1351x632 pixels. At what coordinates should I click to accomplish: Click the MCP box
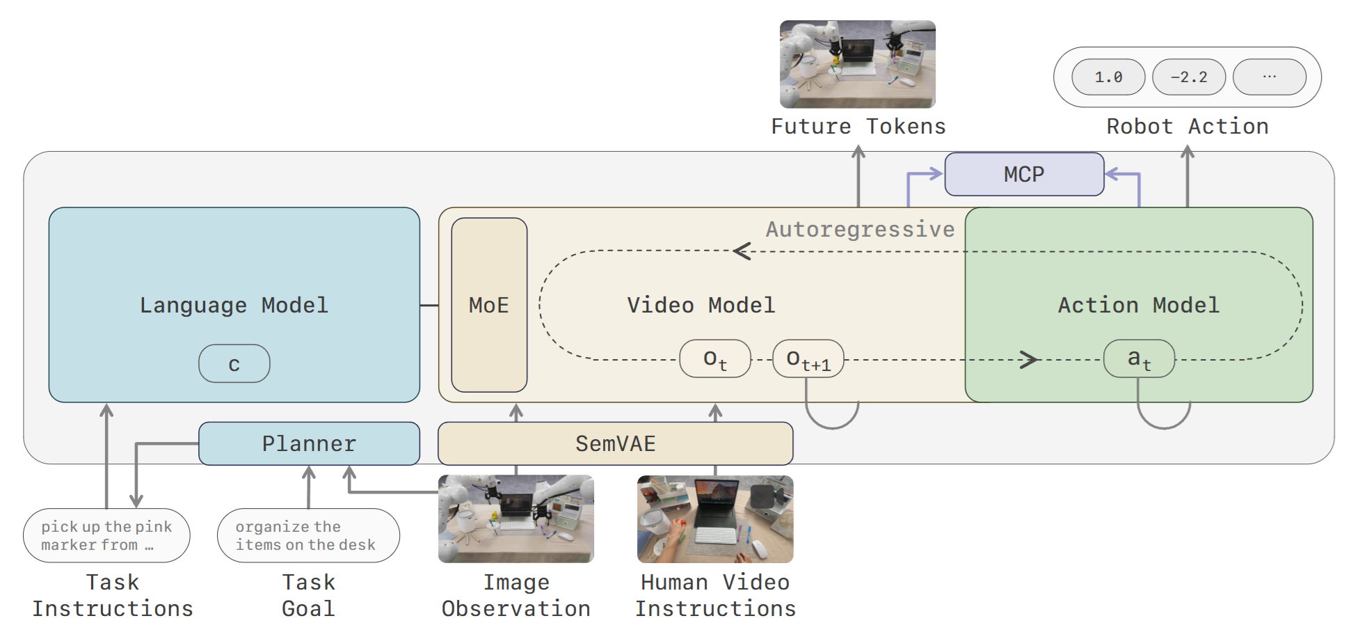click(x=1024, y=174)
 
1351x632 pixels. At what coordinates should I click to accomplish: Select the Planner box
click(x=309, y=443)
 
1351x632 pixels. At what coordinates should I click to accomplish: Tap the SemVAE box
click(x=615, y=443)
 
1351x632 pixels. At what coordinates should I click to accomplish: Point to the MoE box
click(x=489, y=305)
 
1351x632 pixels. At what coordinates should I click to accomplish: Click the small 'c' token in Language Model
click(x=234, y=363)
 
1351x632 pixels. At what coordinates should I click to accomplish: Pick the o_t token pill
click(x=715, y=358)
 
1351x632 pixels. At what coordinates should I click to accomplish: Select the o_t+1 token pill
click(x=808, y=358)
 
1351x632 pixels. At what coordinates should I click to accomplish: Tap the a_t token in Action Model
click(x=1140, y=358)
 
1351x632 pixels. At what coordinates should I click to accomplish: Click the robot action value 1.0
click(x=1108, y=77)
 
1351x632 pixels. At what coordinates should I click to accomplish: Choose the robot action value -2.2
click(x=1189, y=77)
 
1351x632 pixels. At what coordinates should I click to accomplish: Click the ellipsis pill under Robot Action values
click(x=1270, y=77)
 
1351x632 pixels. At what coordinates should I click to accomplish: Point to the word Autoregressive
click(x=861, y=229)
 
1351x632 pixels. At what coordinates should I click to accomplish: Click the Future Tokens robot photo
click(x=858, y=64)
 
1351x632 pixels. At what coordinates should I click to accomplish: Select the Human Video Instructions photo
click(x=715, y=519)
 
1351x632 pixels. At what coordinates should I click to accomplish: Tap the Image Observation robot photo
click(x=516, y=519)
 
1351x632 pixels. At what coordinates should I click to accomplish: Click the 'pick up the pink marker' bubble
click(x=106, y=535)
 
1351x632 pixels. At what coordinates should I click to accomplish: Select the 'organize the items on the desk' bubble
click(x=308, y=535)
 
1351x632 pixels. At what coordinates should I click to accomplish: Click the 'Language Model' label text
click(x=234, y=305)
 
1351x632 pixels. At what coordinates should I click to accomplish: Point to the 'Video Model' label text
click(x=701, y=305)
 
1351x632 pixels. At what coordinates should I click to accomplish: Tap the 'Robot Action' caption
click(x=1188, y=126)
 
